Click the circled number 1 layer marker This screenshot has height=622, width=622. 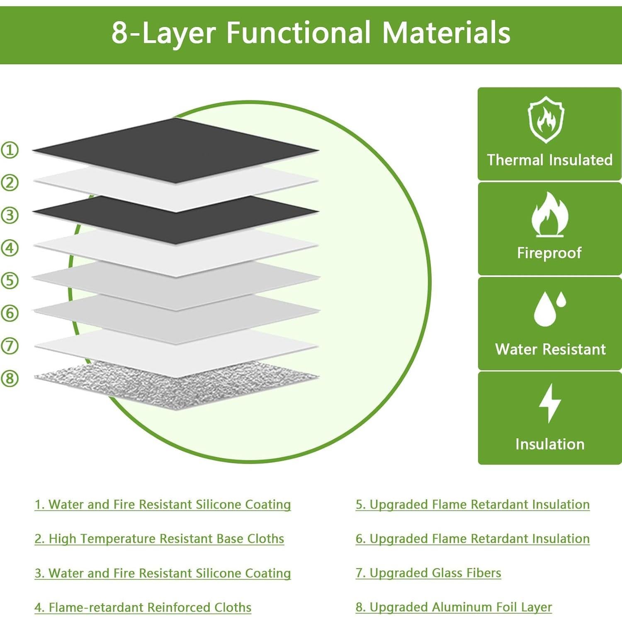(x=10, y=150)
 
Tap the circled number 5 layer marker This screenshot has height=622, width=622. (x=10, y=280)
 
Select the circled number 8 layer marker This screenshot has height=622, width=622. (x=10, y=378)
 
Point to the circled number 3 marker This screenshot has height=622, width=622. (x=10, y=215)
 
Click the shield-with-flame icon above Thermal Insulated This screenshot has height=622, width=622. (x=546, y=119)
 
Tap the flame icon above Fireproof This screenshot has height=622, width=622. (x=549, y=214)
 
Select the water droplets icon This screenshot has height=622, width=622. (x=550, y=309)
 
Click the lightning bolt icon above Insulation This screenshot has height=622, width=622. (x=550, y=403)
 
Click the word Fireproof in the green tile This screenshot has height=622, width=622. (x=549, y=253)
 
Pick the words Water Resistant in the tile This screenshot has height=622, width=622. (x=550, y=349)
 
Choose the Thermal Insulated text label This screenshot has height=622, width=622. (x=550, y=160)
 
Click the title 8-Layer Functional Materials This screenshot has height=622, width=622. (x=311, y=32)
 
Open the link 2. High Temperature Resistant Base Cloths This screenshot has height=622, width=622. (x=159, y=539)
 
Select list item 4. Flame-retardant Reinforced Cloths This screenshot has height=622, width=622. (x=143, y=607)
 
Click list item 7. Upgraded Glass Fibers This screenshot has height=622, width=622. (x=428, y=573)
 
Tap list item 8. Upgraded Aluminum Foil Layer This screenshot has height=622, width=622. (x=454, y=607)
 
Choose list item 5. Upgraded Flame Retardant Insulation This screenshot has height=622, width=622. (x=473, y=505)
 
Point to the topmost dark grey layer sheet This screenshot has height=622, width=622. (x=175, y=150)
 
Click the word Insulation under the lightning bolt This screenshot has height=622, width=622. (x=550, y=444)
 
